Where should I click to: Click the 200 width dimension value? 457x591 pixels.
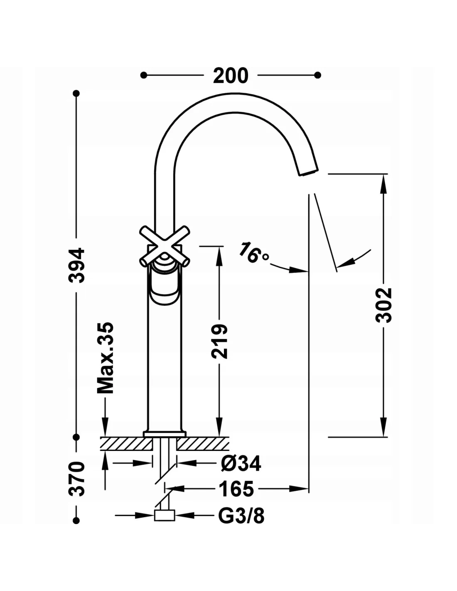(x=231, y=75)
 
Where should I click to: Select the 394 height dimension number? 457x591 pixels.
(x=77, y=266)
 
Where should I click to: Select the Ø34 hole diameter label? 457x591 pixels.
(x=241, y=463)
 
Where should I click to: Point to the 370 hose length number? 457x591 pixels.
(x=77, y=478)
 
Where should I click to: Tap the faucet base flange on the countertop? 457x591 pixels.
(x=165, y=434)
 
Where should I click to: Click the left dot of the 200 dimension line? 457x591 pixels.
(x=144, y=75)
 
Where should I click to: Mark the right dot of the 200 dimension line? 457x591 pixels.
(x=318, y=75)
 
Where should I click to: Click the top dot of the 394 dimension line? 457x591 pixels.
(x=76, y=94)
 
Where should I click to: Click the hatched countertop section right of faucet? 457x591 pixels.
(x=204, y=444)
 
